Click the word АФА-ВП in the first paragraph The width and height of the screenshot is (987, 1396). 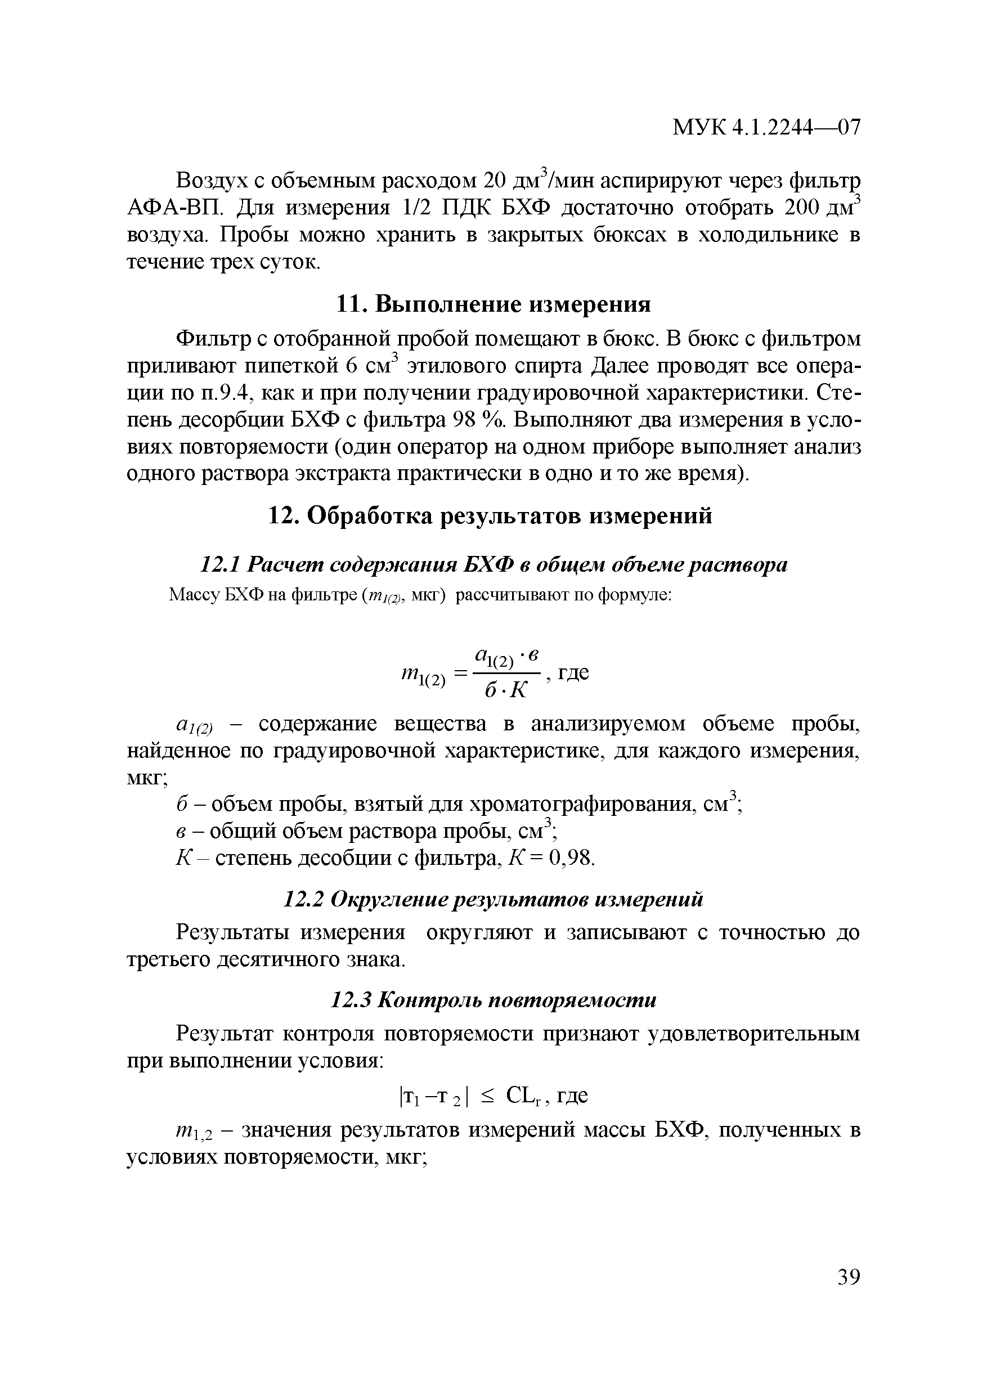point(176,209)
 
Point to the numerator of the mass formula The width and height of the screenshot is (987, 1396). point(506,657)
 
